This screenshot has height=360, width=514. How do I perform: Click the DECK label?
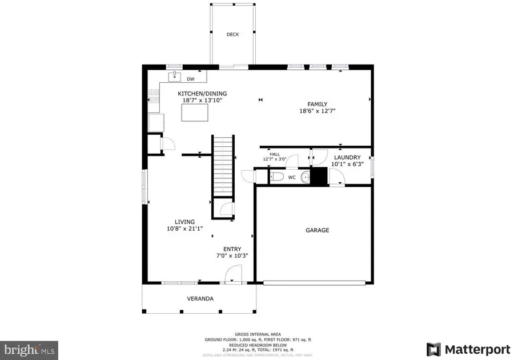[x=232, y=34]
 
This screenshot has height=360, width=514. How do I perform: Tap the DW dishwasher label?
[x=190, y=79]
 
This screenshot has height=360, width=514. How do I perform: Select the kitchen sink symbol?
[x=174, y=77]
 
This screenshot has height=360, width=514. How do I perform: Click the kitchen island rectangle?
[x=194, y=113]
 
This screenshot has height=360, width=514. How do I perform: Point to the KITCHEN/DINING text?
[x=202, y=93]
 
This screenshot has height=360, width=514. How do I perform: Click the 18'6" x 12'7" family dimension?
[x=318, y=111]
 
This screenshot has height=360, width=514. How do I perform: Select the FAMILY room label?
[x=318, y=104]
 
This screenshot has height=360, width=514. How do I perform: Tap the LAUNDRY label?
[x=347, y=157]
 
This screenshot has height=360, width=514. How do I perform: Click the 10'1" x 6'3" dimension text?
[x=347, y=164]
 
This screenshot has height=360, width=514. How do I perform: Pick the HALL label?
[x=275, y=154]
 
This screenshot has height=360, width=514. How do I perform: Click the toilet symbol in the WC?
[x=276, y=177]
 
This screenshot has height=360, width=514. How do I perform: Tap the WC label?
[x=292, y=177]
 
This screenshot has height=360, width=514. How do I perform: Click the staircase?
[x=223, y=166]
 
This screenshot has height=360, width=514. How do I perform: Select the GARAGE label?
[x=317, y=230]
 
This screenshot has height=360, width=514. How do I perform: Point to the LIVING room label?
[x=184, y=222]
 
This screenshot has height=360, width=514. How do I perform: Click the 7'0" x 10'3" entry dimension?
[x=232, y=255]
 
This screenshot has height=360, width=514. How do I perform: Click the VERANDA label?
[x=200, y=299]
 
